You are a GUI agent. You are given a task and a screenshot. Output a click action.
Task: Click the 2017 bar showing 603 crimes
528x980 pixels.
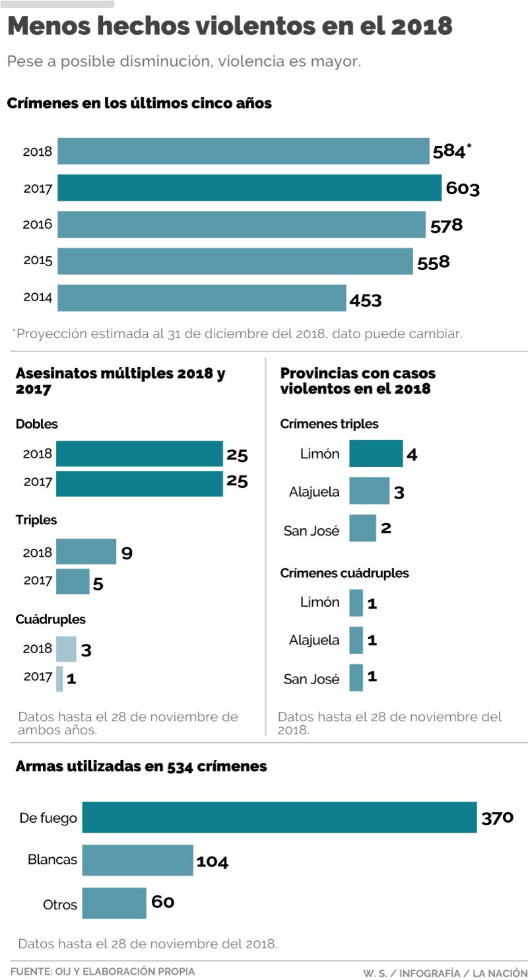click(x=249, y=188)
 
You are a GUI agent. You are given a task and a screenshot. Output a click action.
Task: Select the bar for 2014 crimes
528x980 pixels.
click(x=201, y=298)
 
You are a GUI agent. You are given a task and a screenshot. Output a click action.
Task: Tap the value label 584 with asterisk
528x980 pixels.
click(x=451, y=151)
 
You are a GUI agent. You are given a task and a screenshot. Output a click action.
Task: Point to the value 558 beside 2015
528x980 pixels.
click(x=434, y=262)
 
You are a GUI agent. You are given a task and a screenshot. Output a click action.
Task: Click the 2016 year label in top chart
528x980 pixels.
click(x=38, y=225)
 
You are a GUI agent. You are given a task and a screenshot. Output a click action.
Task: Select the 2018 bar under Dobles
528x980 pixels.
click(x=139, y=454)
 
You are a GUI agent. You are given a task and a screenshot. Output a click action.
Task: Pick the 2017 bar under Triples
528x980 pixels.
click(x=73, y=581)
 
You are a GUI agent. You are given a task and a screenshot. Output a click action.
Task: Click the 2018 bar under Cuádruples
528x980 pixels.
click(x=66, y=648)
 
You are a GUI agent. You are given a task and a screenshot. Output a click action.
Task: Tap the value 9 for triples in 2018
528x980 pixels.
click(x=127, y=553)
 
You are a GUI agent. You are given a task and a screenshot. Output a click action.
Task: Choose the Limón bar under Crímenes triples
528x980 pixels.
click(x=376, y=454)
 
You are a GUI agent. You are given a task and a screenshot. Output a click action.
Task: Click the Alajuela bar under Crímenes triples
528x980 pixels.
click(x=369, y=491)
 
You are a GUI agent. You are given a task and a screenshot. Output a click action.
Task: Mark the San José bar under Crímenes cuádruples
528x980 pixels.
click(x=356, y=678)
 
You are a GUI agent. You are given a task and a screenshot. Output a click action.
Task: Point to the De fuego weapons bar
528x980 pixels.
click(x=279, y=818)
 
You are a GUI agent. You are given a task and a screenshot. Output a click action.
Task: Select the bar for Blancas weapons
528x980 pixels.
click(x=137, y=860)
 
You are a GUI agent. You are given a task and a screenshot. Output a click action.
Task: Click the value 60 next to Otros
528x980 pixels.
click(x=163, y=902)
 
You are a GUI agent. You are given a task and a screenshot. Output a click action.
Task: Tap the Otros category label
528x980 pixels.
click(x=60, y=904)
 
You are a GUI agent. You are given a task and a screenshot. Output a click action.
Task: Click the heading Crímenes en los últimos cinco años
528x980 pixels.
click(x=139, y=104)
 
